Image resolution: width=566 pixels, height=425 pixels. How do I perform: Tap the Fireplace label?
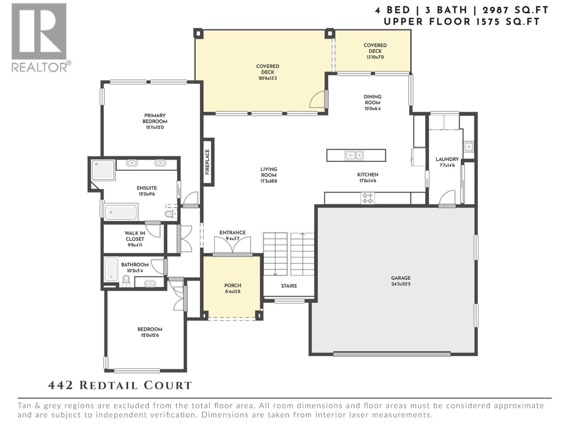coord(208,162)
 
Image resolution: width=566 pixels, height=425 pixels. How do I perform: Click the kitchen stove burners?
coord(368,198)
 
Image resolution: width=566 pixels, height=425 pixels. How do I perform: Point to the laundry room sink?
coord(469,146)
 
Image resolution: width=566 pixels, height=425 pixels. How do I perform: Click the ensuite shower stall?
coord(103,170)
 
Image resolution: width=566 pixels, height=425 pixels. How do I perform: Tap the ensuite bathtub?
coord(121,212)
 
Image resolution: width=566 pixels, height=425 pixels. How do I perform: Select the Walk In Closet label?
coord(135,236)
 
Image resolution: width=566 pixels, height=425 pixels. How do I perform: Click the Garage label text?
coord(401,278)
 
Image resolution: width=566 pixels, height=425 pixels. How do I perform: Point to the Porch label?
coord(232,285)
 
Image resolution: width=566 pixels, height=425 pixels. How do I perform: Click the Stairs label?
coord(289,286)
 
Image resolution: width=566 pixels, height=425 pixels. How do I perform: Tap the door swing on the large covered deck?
coord(317,100)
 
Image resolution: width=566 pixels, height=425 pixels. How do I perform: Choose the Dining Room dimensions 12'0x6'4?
coord(372,109)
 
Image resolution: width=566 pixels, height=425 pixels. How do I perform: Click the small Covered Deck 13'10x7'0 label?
coord(375,51)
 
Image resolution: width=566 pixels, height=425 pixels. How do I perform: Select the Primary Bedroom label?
coord(155,118)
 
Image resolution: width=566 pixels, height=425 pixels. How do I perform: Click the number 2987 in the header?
coord(496,10)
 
